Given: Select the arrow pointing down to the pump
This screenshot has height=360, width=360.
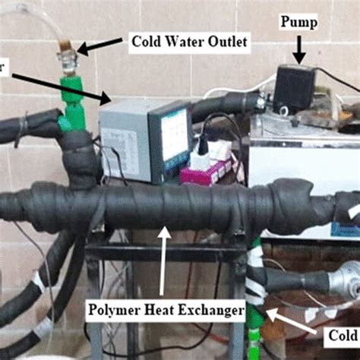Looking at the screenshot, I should point(298,51).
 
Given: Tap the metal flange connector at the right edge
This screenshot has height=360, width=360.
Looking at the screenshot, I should point(349,279).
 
